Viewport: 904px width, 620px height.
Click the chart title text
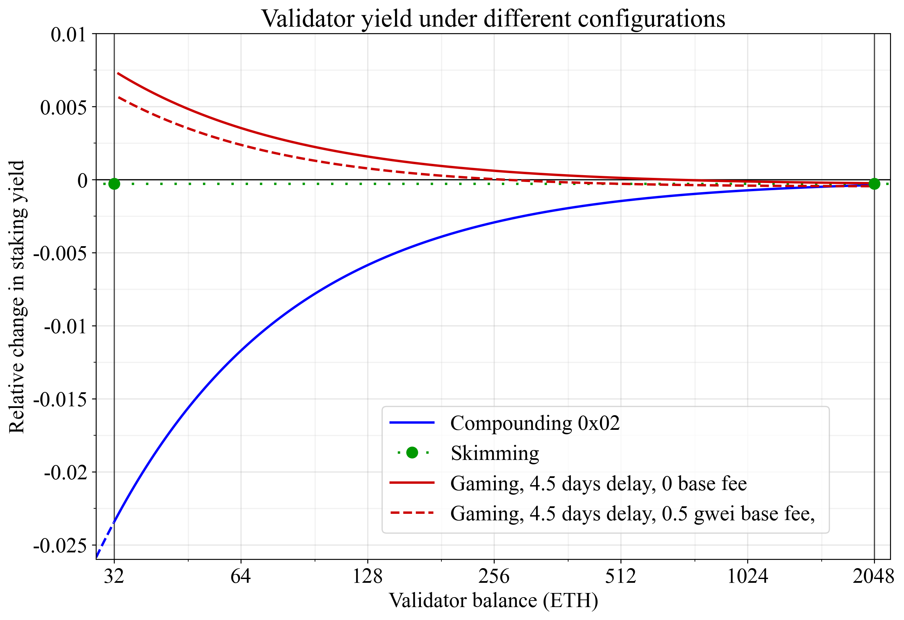[493, 18]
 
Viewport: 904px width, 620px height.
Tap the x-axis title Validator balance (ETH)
[493, 601]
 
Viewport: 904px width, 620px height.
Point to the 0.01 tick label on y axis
[68, 34]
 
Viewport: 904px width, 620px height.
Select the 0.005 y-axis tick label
[64, 107]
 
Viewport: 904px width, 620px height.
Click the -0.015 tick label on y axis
[60, 399]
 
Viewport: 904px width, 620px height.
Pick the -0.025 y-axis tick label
[60, 546]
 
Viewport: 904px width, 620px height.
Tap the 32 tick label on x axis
[114, 576]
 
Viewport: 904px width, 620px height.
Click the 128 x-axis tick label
[367, 576]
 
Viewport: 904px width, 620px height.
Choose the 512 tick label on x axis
[620, 576]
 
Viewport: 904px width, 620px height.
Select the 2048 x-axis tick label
[873, 576]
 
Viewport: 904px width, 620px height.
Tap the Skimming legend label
[495, 453]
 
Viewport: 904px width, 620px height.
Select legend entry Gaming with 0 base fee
[598, 483]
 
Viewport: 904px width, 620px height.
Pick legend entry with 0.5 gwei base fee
[632, 513]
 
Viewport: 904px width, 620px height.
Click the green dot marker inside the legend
[412, 452]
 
